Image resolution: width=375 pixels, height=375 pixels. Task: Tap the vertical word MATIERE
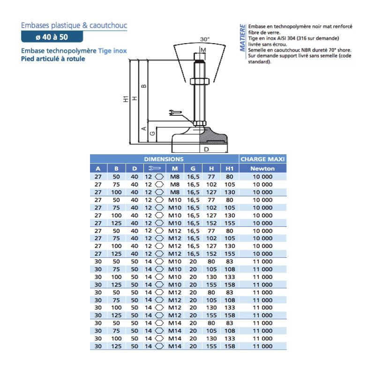pyautogui.click(x=242, y=37)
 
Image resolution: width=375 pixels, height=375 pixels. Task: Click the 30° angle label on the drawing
pyautogui.click(x=204, y=39)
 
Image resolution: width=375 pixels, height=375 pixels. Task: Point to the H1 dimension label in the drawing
pyautogui.click(x=126, y=99)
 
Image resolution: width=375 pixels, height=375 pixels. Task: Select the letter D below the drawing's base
pyautogui.click(x=206, y=150)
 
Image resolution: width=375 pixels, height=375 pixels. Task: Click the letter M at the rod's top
pyautogui.click(x=203, y=50)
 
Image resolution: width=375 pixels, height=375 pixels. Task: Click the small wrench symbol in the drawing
pyautogui.click(x=173, y=112)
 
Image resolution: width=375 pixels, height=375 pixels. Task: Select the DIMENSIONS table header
pyautogui.click(x=164, y=159)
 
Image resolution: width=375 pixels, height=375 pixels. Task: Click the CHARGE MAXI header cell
pyautogui.click(x=262, y=159)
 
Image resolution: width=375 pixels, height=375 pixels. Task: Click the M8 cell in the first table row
pyautogui.click(x=174, y=177)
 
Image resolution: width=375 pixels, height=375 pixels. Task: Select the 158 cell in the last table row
pyautogui.click(x=229, y=346)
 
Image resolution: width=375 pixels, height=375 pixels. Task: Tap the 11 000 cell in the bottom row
pyautogui.click(x=262, y=346)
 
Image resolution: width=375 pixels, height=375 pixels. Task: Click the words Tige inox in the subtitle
pyautogui.click(x=112, y=51)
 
